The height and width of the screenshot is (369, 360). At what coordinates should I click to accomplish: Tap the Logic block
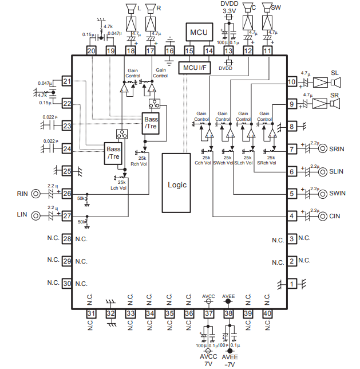(177, 185)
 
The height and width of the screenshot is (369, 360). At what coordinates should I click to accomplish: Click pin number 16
(169, 51)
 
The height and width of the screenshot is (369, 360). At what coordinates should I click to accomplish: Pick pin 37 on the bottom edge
(209, 313)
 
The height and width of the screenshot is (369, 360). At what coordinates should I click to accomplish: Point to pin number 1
(291, 283)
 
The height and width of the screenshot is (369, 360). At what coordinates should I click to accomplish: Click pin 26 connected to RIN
(67, 194)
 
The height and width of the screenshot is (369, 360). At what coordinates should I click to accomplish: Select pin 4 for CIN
(291, 216)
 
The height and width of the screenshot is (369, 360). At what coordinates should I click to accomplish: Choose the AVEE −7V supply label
(229, 359)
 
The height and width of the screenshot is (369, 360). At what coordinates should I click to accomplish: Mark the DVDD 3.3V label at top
(229, 7)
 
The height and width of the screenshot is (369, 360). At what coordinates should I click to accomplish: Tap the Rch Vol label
(140, 164)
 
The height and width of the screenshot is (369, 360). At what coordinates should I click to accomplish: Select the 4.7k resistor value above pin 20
(109, 26)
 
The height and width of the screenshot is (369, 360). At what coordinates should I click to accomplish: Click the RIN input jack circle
(37, 194)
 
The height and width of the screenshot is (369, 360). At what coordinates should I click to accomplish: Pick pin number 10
(291, 82)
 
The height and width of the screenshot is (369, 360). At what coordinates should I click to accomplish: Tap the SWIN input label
(338, 194)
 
